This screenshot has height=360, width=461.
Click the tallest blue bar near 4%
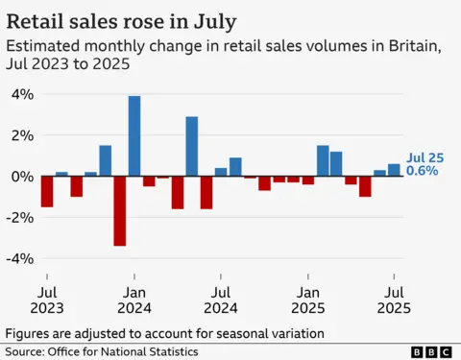(134, 135)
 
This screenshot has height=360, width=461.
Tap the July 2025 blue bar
(394, 170)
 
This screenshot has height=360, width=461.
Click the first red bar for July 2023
(47, 191)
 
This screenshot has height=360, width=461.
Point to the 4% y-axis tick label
(22, 94)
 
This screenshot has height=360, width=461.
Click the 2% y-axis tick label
(22, 135)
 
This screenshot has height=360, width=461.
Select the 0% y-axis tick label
(22, 177)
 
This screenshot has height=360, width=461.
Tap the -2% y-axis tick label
(20, 218)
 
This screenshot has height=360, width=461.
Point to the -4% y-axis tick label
(20, 259)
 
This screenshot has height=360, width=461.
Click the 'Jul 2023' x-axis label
(48, 299)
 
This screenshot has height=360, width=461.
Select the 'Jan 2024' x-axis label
(134, 299)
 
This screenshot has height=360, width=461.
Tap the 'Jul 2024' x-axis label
(221, 299)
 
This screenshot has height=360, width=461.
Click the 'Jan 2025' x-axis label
(308, 299)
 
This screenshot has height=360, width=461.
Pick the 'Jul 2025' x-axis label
(395, 299)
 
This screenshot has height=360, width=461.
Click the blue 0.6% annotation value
(423, 171)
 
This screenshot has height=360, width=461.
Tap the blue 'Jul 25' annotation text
(424, 156)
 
